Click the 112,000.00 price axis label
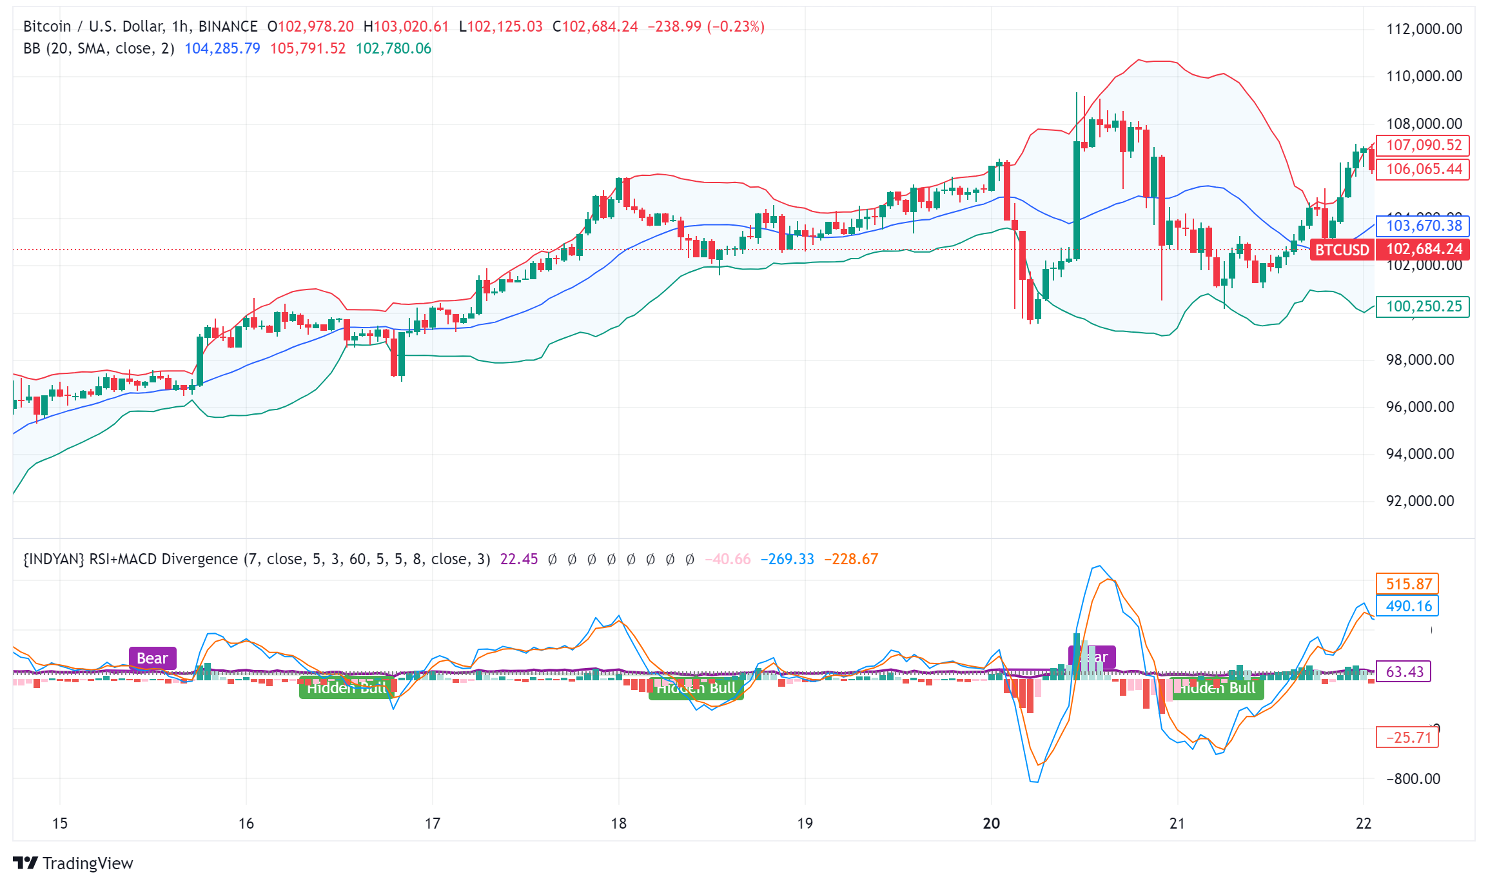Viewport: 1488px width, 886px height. point(1424,29)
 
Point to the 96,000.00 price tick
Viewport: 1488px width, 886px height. point(1420,407)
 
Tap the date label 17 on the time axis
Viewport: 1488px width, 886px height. point(432,823)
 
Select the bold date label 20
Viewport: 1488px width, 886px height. point(991,823)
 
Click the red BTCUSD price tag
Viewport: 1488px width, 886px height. point(1342,250)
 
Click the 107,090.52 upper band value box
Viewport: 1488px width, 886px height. point(1423,145)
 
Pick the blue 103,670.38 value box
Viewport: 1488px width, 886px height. point(1423,226)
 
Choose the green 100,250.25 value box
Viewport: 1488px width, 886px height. point(1423,306)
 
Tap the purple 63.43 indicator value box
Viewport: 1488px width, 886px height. point(1404,672)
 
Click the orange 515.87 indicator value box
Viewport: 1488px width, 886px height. point(1408,584)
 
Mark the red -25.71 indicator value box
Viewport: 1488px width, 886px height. point(1408,738)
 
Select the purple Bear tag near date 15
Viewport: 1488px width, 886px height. point(152,658)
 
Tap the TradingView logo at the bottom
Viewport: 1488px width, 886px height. point(73,863)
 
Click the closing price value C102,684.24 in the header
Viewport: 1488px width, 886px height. point(595,26)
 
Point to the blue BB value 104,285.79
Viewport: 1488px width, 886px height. point(222,48)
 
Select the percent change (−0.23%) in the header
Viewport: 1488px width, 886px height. point(736,26)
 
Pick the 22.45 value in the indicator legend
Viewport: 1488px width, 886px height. point(519,559)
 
